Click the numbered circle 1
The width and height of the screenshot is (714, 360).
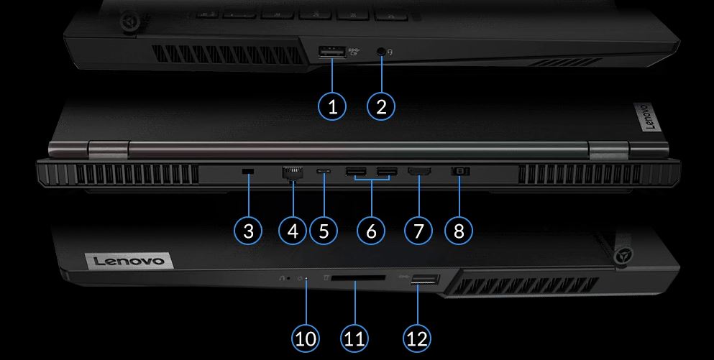[x=332, y=106]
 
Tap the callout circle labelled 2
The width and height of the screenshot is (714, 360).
[x=381, y=106]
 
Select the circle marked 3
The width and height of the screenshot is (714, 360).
[x=248, y=230]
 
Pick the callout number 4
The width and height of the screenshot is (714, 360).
[x=293, y=230]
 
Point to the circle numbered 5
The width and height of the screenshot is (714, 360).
[x=324, y=230]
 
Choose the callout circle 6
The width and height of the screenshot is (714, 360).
[x=372, y=230]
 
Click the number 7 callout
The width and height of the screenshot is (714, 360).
[x=418, y=230]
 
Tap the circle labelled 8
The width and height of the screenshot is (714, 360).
[x=459, y=230]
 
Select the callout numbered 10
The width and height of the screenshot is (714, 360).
[x=306, y=338]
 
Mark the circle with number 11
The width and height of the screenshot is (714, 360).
[x=354, y=338]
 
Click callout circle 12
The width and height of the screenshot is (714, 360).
[x=417, y=338]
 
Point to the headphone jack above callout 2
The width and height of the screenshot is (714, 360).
[x=382, y=52]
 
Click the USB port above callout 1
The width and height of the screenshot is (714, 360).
[x=332, y=52]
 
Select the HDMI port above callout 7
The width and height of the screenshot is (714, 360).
[x=419, y=172]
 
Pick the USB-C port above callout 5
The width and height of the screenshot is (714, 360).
[x=324, y=172]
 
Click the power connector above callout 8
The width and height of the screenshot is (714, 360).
[x=459, y=171]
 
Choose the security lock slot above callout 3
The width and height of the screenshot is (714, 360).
[x=248, y=171]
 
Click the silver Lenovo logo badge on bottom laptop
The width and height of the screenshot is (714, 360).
[x=129, y=261]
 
